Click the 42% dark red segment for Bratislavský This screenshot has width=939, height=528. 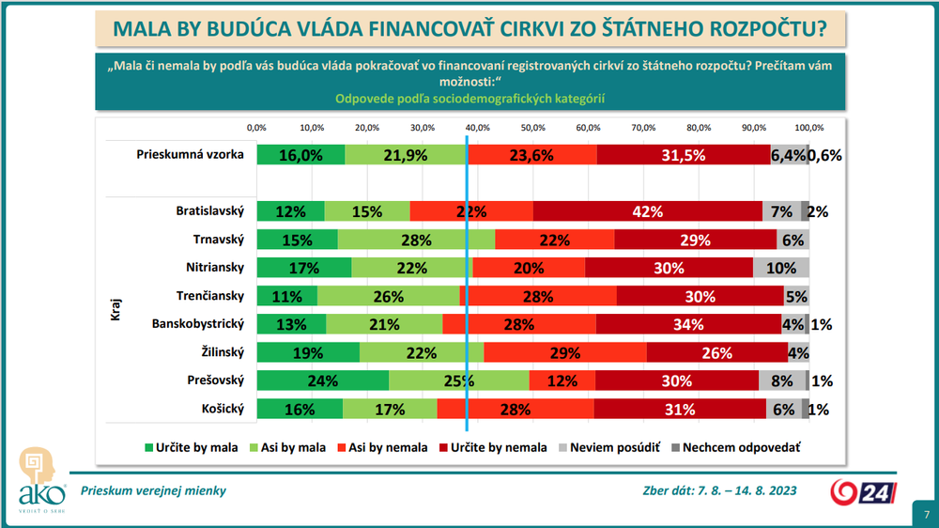point(648,211)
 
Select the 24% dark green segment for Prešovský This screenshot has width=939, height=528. point(322,380)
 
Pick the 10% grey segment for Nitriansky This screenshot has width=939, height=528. point(781,268)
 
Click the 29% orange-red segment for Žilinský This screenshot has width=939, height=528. point(565,352)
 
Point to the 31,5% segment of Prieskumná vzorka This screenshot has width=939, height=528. point(683,156)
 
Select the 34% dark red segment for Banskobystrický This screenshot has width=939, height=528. point(688,324)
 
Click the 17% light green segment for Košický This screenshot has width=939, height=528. point(390,409)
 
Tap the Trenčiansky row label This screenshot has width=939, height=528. point(210,296)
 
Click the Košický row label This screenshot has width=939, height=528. point(222,409)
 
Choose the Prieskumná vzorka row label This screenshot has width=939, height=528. point(191,156)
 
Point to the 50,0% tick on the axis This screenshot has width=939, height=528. point(532,127)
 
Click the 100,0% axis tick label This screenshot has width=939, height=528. point(808,127)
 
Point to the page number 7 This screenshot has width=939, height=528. point(926,515)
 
